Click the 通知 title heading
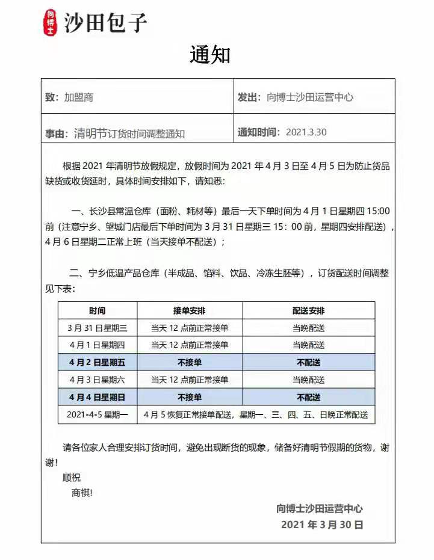click(x=210, y=55)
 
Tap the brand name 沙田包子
click(x=106, y=23)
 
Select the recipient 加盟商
click(x=79, y=97)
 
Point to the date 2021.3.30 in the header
click(x=306, y=132)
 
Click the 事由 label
click(x=56, y=134)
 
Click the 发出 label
click(x=249, y=97)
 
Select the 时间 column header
click(x=98, y=311)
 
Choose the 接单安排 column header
click(x=190, y=311)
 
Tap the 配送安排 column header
click(x=308, y=311)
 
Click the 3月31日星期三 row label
click(x=98, y=328)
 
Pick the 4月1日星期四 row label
click(x=98, y=345)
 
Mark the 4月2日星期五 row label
click(x=98, y=363)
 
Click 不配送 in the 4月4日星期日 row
click(x=308, y=398)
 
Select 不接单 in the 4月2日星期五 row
click(x=190, y=363)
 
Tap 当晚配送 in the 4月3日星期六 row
click(x=308, y=380)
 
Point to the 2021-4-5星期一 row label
click(x=98, y=415)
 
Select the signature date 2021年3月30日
click(x=322, y=525)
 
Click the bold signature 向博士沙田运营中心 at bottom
click(x=320, y=509)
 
